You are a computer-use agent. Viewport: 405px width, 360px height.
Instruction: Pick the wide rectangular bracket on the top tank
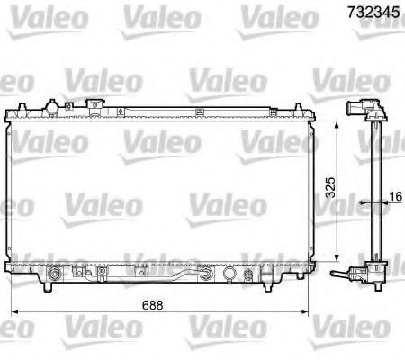(x=92, y=108)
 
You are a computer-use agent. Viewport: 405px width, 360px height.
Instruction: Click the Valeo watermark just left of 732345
(x=277, y=15)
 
